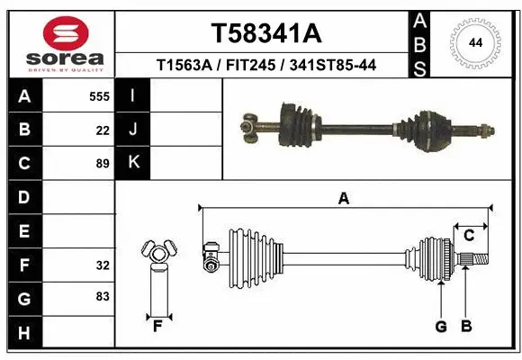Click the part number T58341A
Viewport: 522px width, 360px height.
[265, 33]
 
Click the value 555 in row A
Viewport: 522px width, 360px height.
[99, 96]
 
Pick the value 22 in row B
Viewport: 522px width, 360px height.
[103, 130]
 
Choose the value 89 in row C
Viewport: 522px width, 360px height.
[103, 164]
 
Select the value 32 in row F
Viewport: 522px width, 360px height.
[103, 265]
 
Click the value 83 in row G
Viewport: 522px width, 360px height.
[103, 296]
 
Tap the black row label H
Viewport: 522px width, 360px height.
[23, 332]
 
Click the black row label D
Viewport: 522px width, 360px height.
[23, 197]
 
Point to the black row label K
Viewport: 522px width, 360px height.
[133, 163]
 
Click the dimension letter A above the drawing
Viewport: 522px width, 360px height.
[343, 199]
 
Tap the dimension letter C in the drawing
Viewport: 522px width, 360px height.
[468, 236]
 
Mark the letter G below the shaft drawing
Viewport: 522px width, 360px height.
[441, 326]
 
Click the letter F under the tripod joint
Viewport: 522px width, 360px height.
[157, 326]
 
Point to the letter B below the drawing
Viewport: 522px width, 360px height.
[465, 326]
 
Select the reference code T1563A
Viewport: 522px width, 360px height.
[184, 66]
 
